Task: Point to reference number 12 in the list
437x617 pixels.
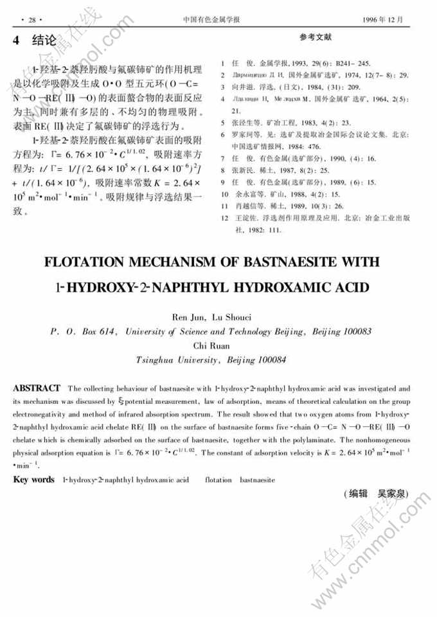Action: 224,218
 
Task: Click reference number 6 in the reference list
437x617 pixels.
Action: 222,135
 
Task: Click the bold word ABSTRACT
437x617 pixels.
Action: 37,388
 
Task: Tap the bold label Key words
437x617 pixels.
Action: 34,479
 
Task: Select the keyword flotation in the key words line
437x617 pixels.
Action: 217,480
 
